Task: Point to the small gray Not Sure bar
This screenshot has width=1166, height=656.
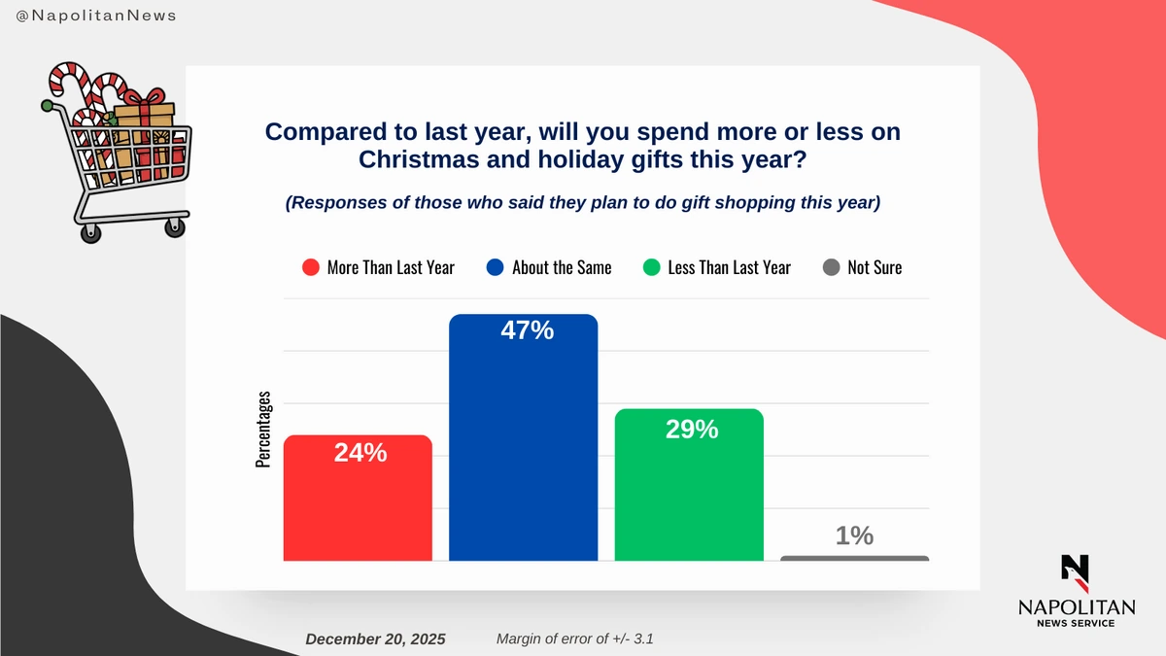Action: pos(854,558)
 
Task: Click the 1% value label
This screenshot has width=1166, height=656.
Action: pos(854,535)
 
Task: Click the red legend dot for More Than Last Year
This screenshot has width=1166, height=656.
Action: pos(311,267)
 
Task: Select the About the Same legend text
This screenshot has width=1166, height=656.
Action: pos(562,267)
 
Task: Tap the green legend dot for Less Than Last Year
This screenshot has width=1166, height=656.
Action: pos(651,267)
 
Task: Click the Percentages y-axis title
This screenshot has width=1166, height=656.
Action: pos(263,431)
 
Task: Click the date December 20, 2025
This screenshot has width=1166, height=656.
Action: pos(375,639)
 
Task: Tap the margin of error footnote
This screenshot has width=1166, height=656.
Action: pos(580,639)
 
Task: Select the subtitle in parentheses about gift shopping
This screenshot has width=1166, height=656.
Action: pos(582,204)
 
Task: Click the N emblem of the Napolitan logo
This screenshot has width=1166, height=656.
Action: pos(1076,571)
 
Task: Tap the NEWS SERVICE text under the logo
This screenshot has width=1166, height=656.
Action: pos(1076,623)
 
